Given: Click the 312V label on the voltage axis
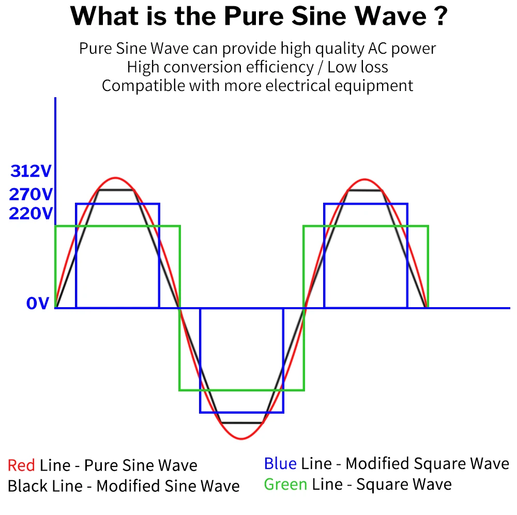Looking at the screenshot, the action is [x=31, y=171].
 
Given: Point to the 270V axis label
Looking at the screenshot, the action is [x=31, y=194].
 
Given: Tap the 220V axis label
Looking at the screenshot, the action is [x=31, y=214].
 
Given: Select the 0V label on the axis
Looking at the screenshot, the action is [x=38, y=303].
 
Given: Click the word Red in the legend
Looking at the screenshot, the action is [x=21, y=465].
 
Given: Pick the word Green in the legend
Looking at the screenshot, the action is [x=285, y=484].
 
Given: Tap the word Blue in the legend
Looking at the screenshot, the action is [x=280, y=463].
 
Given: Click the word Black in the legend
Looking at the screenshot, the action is [x=28, y=486].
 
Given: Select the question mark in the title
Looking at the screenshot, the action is [x=441, y=16].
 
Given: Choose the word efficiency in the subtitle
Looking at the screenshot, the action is [x=280, y=67].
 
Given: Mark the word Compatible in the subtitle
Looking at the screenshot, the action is [x=143, y=86].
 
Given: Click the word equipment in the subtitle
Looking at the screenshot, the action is [x=374, y=86].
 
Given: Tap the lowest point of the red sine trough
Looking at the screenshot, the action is [x=241, y=439].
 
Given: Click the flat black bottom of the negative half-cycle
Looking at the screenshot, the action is [x=242, y=422].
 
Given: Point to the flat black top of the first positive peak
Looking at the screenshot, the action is [x=116, y=190].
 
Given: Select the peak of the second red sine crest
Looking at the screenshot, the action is [x=364, y=180].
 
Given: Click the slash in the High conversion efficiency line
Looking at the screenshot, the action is [x=320, y=67].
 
